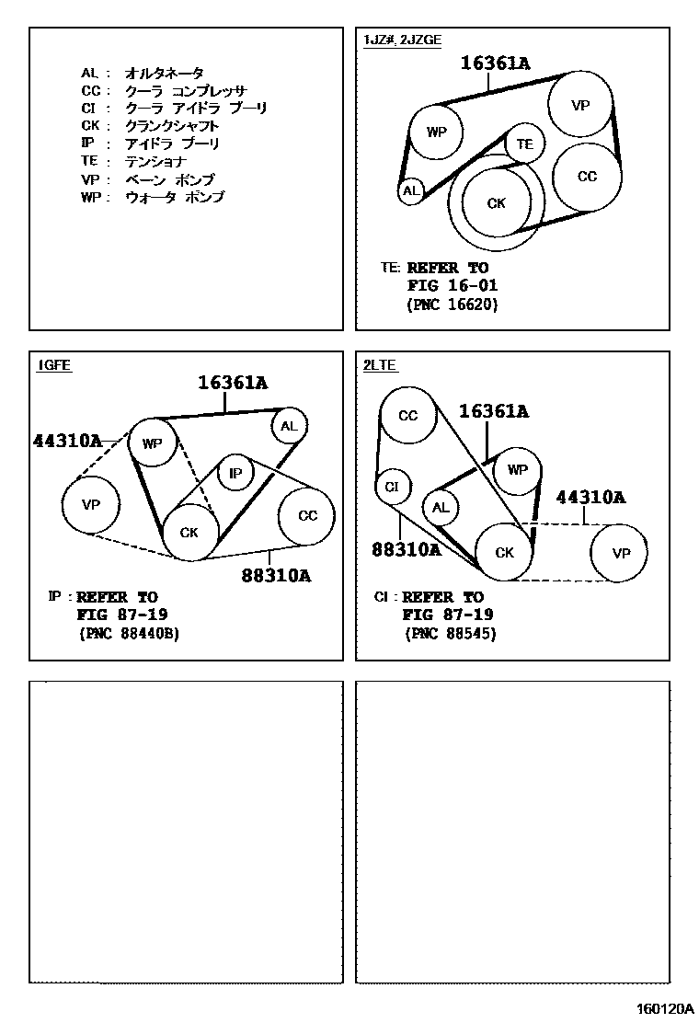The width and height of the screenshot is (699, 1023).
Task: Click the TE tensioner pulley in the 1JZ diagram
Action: pyautogui.click(x=524, y=144)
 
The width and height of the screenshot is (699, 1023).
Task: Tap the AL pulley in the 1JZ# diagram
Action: pyautogui.click(x=410, y=191)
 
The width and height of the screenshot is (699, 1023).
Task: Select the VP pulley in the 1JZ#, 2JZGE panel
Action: pyautogui.click(x=579, y=105)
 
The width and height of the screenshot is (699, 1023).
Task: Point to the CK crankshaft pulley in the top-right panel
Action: pyautogui.click(x=497, y=202)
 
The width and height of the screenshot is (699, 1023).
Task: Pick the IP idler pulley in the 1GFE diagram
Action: pyautogui.click(x=235, y=473)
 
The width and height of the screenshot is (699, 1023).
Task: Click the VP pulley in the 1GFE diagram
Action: pyautogui.click(x=90, y=504)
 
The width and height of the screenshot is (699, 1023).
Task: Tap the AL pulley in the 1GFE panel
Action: pyautogui.click(x=289, y=425)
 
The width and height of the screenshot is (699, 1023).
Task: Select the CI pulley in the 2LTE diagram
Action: pyautogui.click(x=392, y=486)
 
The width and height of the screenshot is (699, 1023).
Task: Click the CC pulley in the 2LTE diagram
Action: pyautogui.click(x=408, y=416)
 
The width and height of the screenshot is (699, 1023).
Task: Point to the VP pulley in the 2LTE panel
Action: pyautogui.click(x=622, y=553)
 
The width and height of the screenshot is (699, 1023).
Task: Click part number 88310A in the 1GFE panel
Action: pyautogui.click(x=276, y=577)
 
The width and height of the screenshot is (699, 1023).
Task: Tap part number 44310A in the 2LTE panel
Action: pyautogui.click(x=590, y=498)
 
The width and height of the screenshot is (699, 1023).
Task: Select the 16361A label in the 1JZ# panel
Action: pyautogui.click(x=495, y=63)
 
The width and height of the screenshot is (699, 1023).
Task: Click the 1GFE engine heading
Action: pyautogui.click(x=53, y=365)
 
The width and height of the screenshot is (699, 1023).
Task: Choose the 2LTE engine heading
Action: pyautogui.click(x=380, y=365)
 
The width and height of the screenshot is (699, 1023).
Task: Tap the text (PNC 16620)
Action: pyautogui.click(x=451, y=305)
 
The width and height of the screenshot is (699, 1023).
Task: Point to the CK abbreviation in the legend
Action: pyautogui.click(x=89, y=126)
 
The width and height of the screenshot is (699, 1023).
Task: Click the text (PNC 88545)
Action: pyautogui.click(x=450, y=634)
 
